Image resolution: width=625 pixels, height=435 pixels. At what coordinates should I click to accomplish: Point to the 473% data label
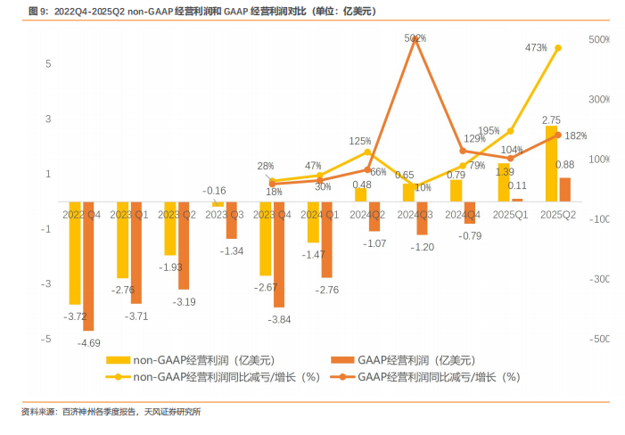click(536, 47)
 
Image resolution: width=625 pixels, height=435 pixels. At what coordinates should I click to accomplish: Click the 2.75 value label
click(551, 119)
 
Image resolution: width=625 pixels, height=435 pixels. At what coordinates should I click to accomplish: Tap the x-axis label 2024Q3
click(415, 215)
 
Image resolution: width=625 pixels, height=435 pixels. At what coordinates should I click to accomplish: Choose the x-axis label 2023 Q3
click(225, 215)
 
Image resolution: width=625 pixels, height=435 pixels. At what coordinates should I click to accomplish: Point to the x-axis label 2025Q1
click(510, 215)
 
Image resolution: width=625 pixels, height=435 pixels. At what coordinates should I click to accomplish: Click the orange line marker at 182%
click(558, 135)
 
